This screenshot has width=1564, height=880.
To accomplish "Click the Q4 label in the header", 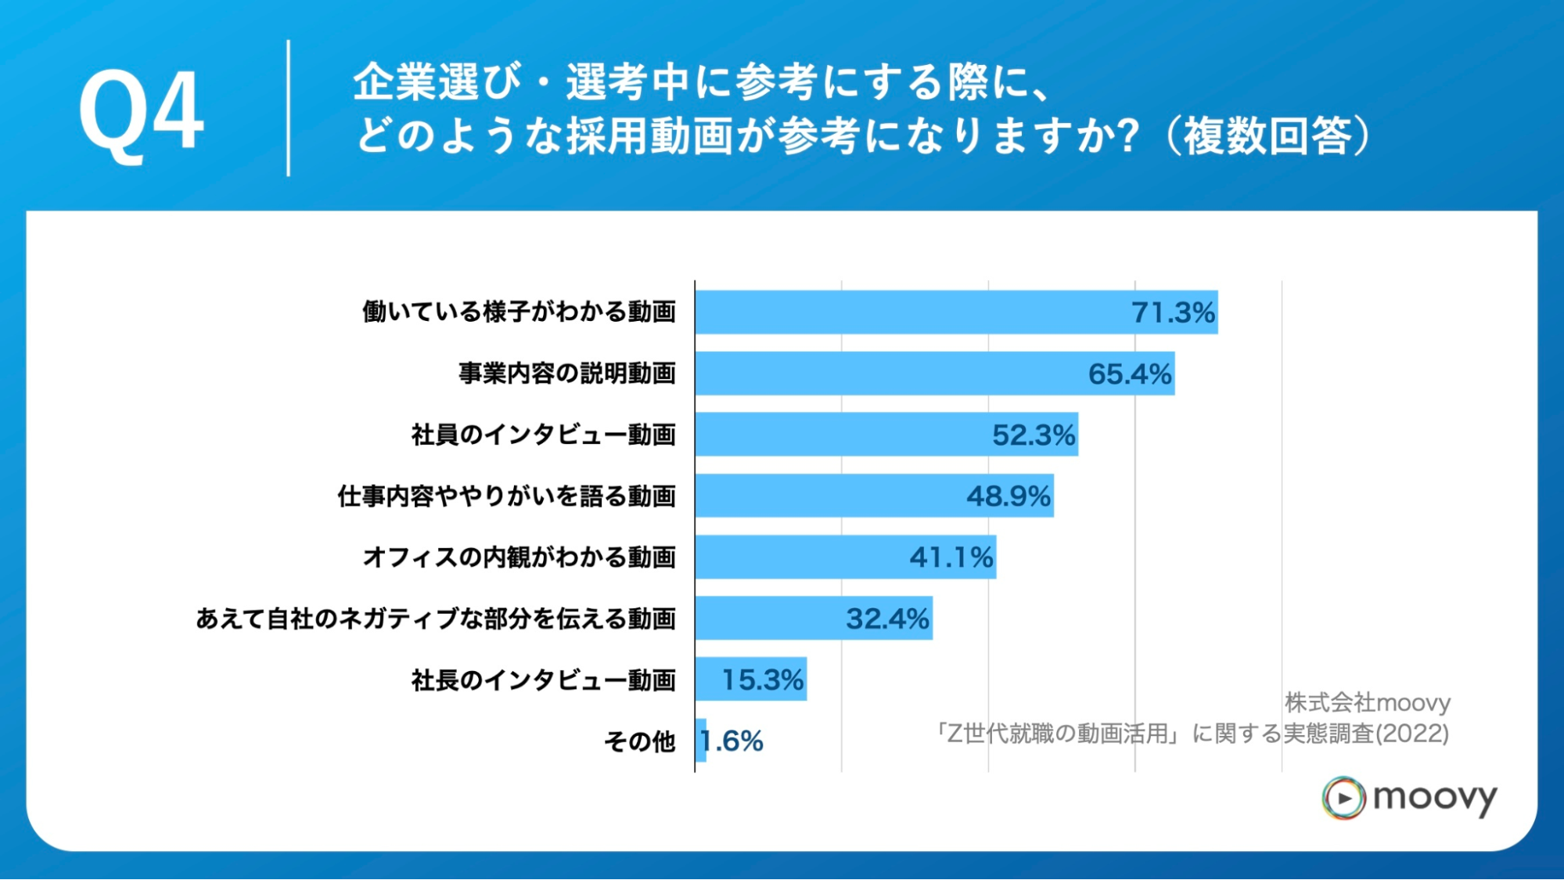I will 141,112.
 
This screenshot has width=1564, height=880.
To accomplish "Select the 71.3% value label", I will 1173,312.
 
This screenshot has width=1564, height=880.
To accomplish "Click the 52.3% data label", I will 1034,435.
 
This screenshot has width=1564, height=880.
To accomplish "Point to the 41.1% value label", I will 951,557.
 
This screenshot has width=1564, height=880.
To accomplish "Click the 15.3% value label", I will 762,680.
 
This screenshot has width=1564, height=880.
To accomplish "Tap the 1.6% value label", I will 732,741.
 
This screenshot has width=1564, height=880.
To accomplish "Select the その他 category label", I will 639,741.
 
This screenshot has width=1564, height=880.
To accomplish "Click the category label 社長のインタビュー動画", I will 543,680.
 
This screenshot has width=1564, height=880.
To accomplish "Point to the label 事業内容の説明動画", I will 567,373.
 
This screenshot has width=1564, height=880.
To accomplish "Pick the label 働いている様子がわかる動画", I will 519,312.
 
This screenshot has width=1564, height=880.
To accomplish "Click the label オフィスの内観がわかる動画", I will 519,557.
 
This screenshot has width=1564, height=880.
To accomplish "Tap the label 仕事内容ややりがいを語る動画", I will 506,496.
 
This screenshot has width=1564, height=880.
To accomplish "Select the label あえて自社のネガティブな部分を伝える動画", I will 435,619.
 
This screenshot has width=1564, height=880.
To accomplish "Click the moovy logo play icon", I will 1343,798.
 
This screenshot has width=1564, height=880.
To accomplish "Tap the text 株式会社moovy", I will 1367,702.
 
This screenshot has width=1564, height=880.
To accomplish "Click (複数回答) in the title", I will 1268,135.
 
